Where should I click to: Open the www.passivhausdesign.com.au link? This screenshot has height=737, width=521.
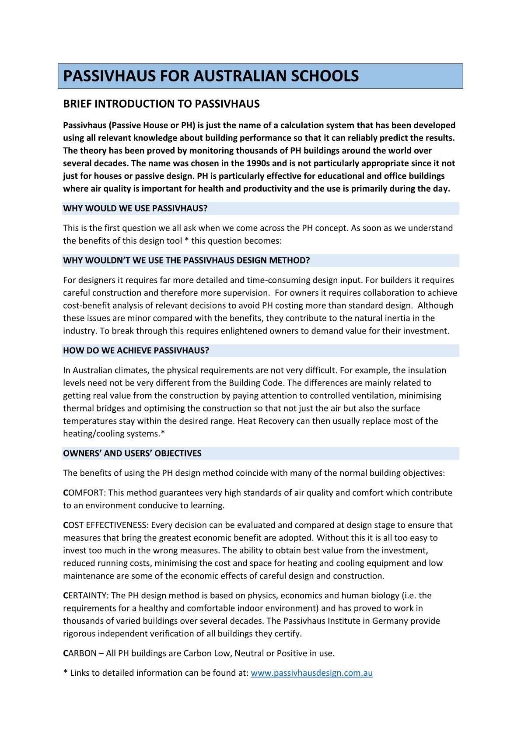tap(311, 673)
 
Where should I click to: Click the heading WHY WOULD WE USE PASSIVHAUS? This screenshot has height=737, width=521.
tap(135, 208)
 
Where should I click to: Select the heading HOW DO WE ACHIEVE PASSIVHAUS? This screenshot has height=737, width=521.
tap(136, 351)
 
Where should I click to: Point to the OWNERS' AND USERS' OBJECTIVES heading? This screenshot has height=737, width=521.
tap(132, 453)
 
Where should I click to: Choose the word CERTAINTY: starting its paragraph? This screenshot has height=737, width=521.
tap(85, 596)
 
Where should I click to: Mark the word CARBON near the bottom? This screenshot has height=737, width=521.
tap(80, 653)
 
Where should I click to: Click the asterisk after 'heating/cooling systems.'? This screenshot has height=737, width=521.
tap(163, 433)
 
